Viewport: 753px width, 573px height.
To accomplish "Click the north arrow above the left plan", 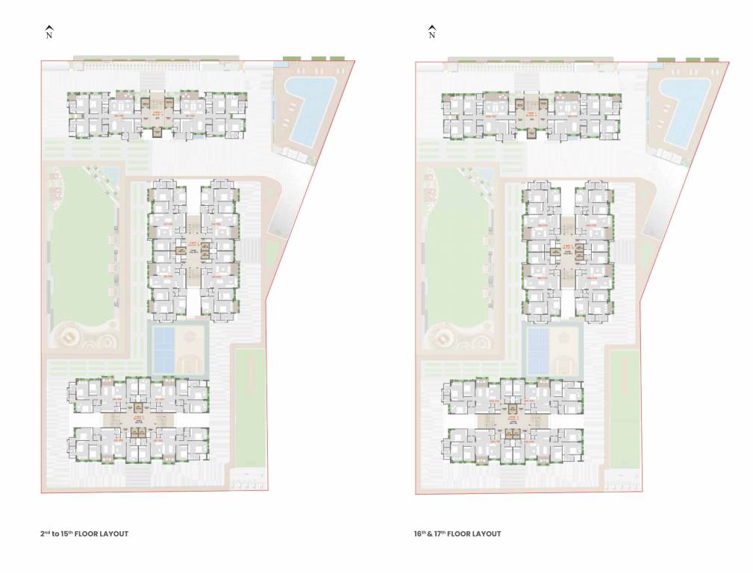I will coord(49,31).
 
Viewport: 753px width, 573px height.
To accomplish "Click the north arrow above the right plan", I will coord(431,31).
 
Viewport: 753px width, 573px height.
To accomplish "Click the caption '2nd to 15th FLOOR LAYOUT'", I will coord(84,533).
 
